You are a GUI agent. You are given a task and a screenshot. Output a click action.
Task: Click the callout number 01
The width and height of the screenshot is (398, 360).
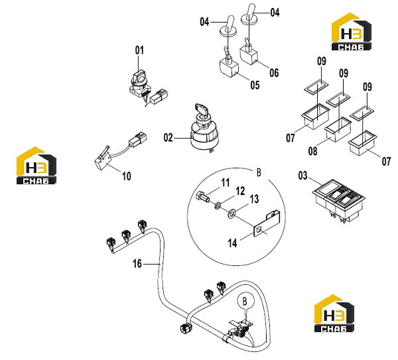click(139, 50)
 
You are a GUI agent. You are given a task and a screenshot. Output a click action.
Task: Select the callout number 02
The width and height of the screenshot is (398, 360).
click(168, 138)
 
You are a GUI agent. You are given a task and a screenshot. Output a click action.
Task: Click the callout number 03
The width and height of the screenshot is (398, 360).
click(302, 176)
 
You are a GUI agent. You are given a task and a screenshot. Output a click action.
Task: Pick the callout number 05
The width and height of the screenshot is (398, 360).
click(255, 85)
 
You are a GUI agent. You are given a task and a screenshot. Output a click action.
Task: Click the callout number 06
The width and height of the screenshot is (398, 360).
click(274, 73)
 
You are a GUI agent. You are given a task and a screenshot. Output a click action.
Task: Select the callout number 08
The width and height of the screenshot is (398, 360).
click(312, 151)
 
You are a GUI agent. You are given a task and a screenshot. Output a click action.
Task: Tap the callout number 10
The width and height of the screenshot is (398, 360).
click(127, 176)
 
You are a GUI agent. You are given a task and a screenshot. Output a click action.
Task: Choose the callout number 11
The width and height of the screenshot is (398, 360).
click(226, 182)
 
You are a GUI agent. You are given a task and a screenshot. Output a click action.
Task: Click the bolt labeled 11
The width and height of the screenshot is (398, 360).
click(202, 196)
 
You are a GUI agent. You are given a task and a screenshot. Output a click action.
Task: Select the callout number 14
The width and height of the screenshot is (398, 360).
click(232, 243)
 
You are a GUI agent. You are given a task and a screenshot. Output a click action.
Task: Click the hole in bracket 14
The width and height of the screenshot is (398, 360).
click(259, 230)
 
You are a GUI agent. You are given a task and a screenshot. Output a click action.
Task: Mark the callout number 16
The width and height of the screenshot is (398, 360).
click(137, 264)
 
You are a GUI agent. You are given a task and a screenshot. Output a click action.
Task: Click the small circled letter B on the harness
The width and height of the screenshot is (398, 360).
click(245, 302)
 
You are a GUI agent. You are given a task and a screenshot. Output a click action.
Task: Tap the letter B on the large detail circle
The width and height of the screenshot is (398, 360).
click(259, 172)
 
